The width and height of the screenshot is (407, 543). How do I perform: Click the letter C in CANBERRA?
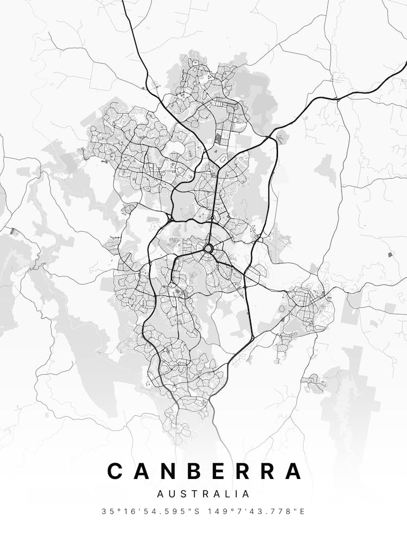coord(116,471)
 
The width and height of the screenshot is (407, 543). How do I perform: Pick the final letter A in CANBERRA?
coord(292,471)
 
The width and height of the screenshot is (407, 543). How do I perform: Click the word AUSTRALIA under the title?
coord(203,494)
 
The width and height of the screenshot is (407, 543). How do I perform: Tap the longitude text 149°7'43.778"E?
coord(261,512)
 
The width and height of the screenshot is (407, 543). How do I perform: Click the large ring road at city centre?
coord(208,249)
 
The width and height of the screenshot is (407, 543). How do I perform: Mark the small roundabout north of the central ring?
coord(212,218)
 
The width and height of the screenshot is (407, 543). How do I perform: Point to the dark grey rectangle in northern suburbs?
coord(218,138)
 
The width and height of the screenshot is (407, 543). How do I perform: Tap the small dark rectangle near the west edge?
coord(14,232)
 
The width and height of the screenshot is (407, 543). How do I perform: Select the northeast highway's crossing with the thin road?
coord(336,98)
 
